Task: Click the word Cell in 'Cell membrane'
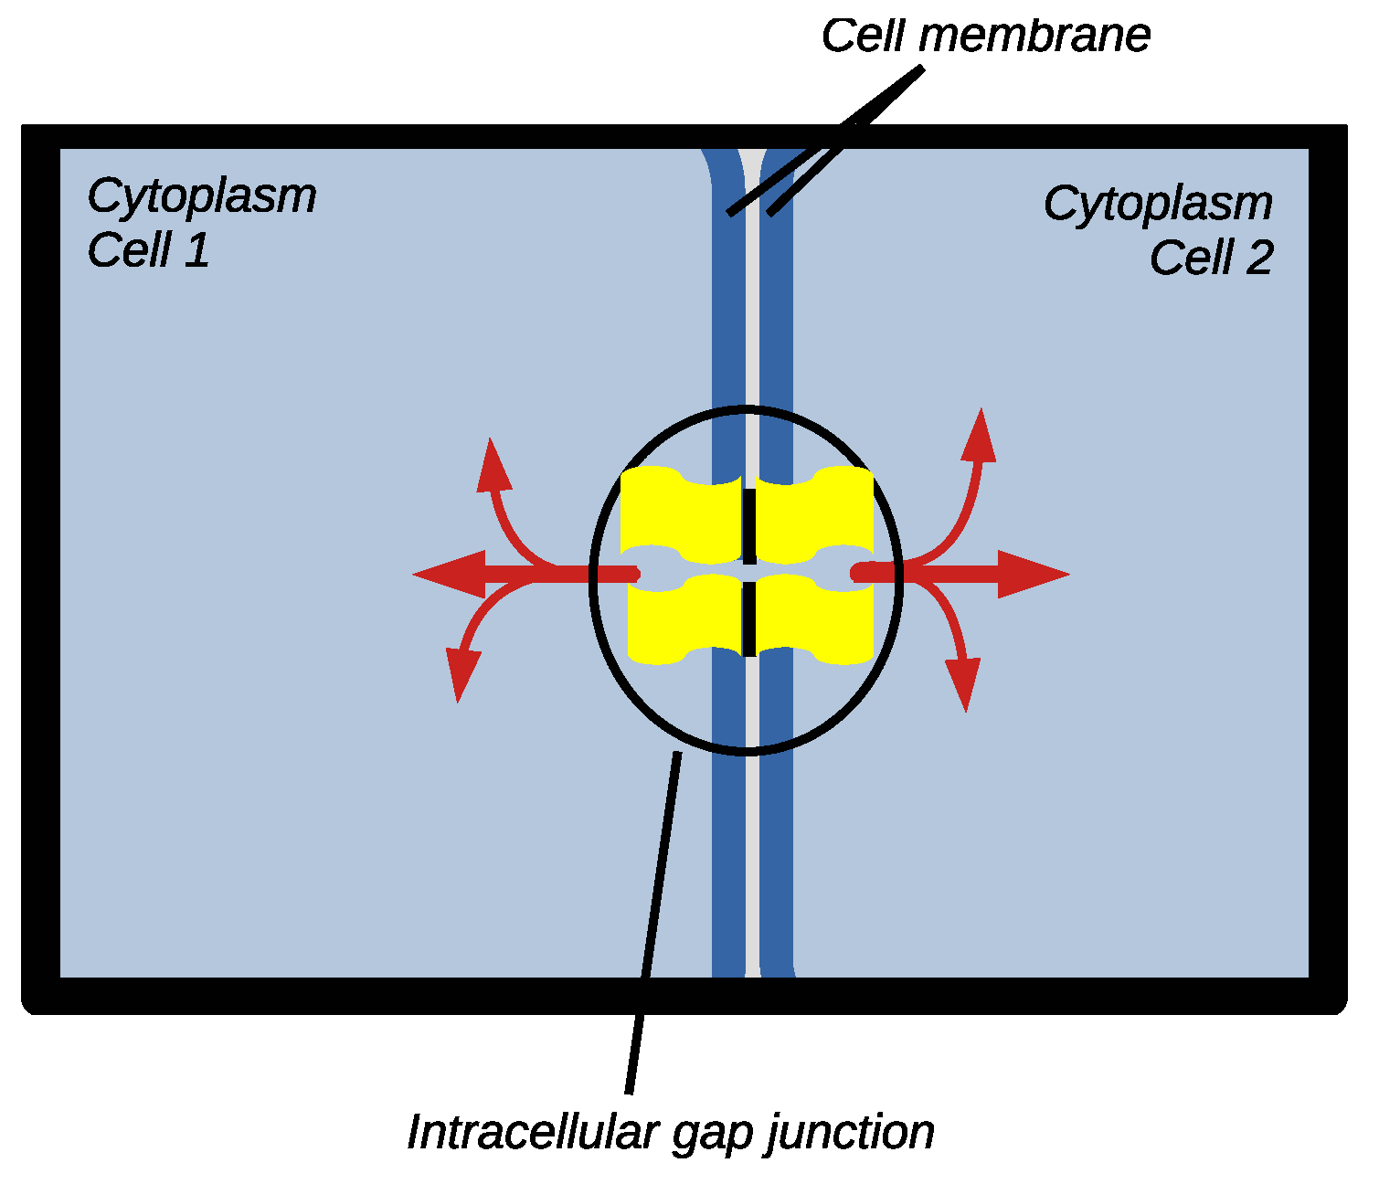point(863,37)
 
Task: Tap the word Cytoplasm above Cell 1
point(201,196)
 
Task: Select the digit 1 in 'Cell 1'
point(197,251)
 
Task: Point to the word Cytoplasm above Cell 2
point(1157,204)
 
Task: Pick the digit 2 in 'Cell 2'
point(1258,259)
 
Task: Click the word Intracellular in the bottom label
point(532,1133)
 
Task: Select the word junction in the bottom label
point(850,1133)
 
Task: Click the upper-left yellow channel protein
point(680,515)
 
